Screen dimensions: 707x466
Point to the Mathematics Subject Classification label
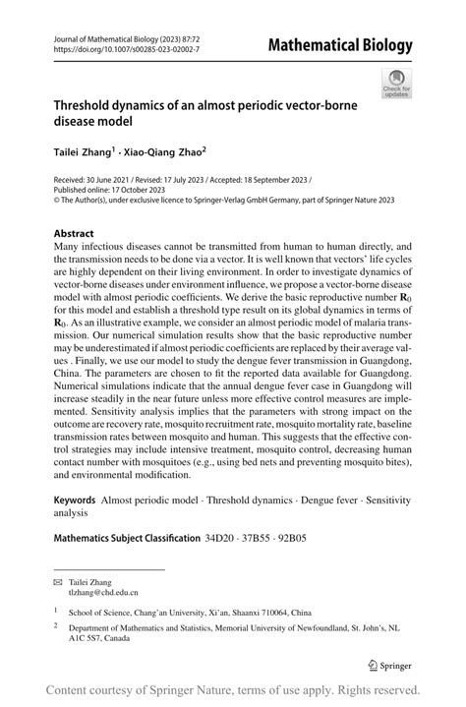click(x=126, y=538)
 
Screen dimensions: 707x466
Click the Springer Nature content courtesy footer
click(x=233, y=689)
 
